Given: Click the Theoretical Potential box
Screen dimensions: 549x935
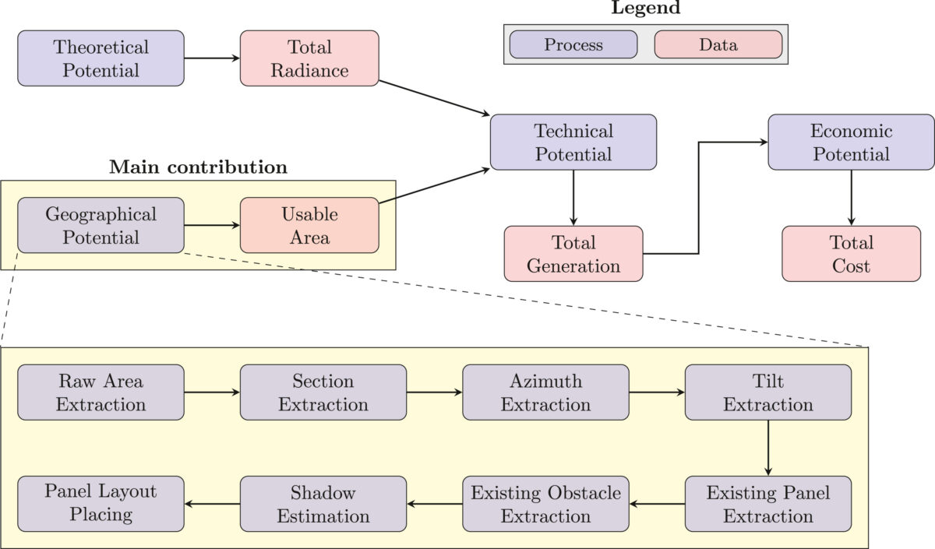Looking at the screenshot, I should [x=101, y=58].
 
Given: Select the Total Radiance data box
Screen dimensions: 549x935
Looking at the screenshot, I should [x=309, y=58].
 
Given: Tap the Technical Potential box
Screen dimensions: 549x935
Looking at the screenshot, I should [x=573, y=143].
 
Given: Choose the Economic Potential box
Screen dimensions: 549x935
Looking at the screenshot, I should [x=851, y=143].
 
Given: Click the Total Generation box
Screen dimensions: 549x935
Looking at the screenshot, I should [x=573, y=254].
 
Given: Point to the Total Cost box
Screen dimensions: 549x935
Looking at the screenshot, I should [x=851, y=254].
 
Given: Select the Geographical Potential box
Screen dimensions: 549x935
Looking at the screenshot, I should [x=101, y=225].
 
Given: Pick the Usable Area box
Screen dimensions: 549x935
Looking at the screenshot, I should [x=309, y=225].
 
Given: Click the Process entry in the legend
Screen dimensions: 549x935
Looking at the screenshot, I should [x=573, y=44].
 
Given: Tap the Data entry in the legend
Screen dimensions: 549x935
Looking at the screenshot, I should [x=718, y=44].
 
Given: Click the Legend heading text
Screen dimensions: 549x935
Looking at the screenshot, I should [x=645, y=9].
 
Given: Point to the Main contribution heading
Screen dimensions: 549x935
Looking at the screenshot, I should [x=198, y=167].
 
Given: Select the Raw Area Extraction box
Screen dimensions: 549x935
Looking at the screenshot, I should [x=101, y=392].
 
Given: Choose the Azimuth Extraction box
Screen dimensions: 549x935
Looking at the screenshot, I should [x=545, y=392].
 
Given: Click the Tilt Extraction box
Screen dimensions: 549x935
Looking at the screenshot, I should [x=767, y=392].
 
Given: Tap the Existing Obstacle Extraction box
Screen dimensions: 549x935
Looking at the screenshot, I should [x=545, y=504].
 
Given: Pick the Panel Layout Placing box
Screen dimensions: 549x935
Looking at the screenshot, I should [x=101, y=504].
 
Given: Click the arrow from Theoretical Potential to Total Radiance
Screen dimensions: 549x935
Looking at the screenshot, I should [x=212, y=58].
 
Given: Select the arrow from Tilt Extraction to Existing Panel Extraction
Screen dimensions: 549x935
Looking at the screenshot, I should [x=767, y=448].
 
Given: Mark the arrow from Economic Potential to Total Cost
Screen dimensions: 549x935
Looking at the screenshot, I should [x=851, y=198].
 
